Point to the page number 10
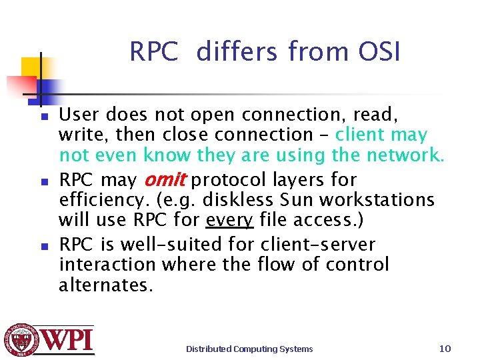pyautogui.click(x=445, y=348)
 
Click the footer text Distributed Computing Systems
pyautogui.click(x=249, y=349)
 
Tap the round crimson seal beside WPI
pyautogui.click(x=21, y=340)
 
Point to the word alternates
pyautogui.click(x=105, y=285)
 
